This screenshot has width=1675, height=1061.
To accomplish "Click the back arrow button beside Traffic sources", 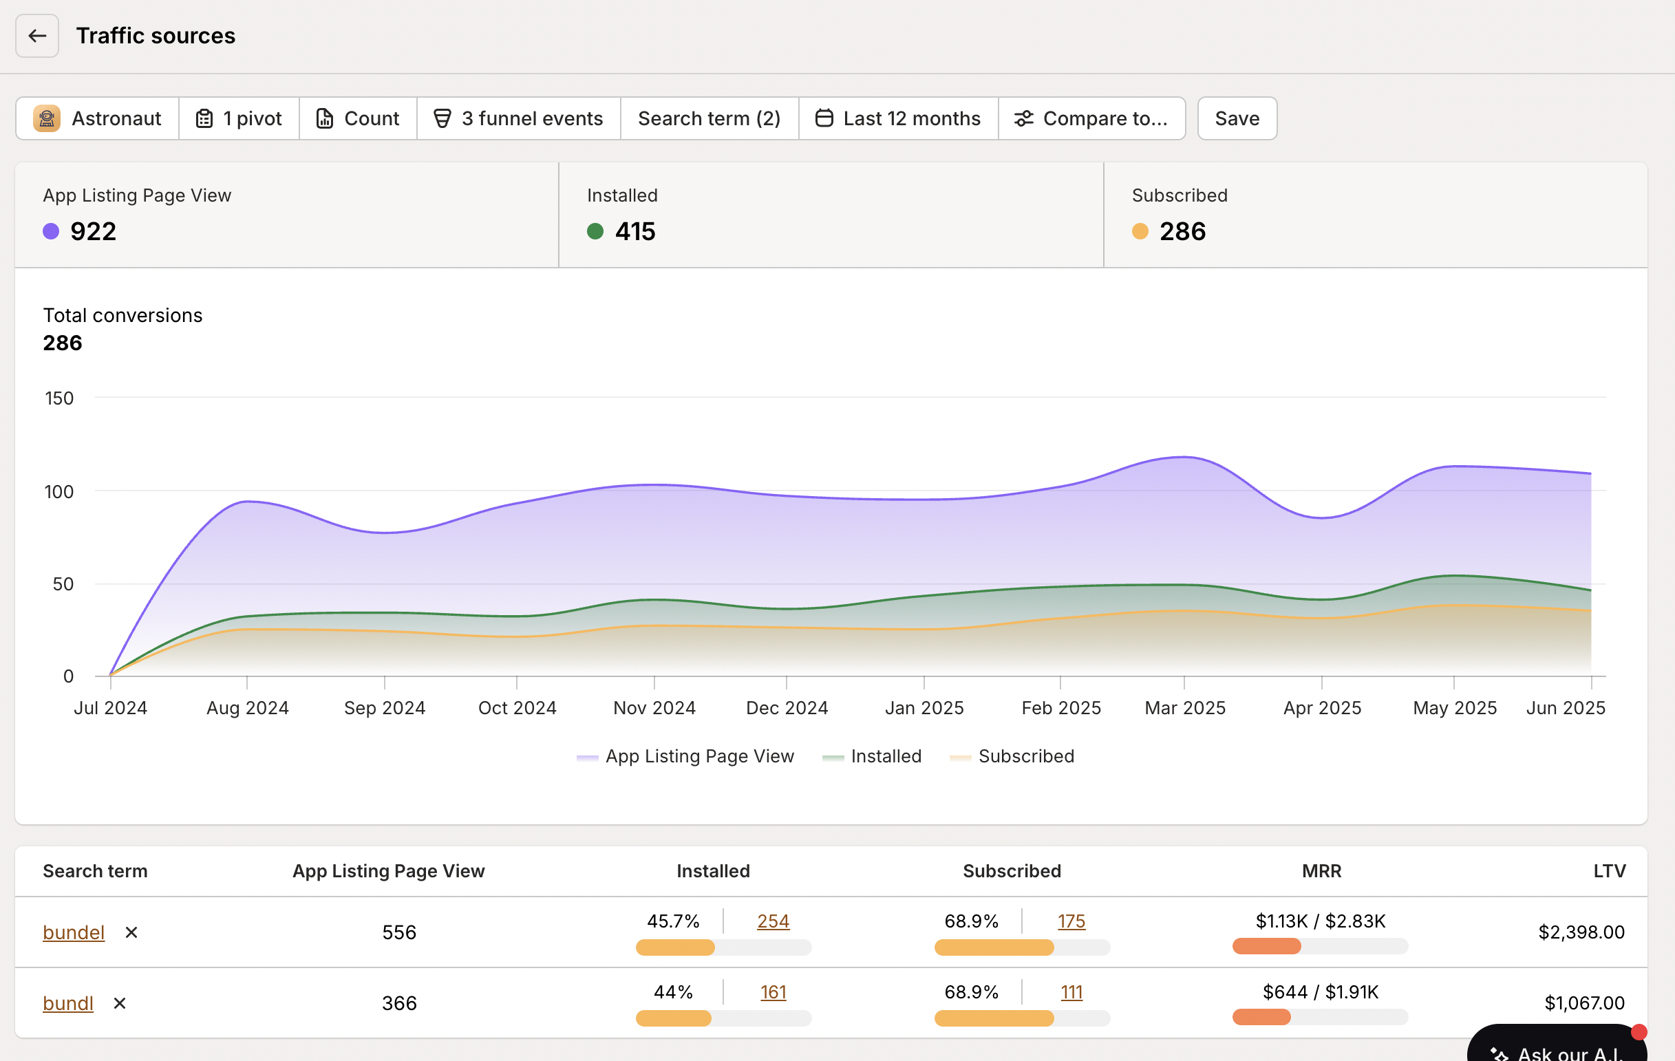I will tap(37, 36).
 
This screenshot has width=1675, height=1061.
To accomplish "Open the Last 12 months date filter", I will tap(898, 118).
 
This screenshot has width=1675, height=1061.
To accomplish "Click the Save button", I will tap(1236, 118).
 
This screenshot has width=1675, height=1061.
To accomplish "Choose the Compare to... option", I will tap(1091, 118).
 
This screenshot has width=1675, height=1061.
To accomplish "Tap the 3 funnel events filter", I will tap(518, 118).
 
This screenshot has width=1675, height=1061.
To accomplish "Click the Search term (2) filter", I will tap(709, 118).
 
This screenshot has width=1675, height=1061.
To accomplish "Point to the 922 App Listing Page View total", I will tap(93, 231).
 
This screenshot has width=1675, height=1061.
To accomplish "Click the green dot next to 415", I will tap(595, 231).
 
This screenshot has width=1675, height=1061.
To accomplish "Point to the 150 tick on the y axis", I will tap(59, 398).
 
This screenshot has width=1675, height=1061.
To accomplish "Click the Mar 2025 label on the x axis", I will tap(1184, 708).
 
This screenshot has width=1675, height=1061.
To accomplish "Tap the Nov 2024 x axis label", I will tap(654, 708).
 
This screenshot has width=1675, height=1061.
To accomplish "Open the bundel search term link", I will tap(74, 932).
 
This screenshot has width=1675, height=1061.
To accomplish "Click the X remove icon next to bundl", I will tap(120, 1003).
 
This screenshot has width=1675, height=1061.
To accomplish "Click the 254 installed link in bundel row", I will tap(773, 921).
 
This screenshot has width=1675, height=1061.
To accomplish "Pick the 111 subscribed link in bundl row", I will tap(1071, 992).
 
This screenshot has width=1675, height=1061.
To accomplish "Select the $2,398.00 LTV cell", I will tap(1581, 932).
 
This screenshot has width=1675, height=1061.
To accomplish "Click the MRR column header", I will tap(1321, 871).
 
